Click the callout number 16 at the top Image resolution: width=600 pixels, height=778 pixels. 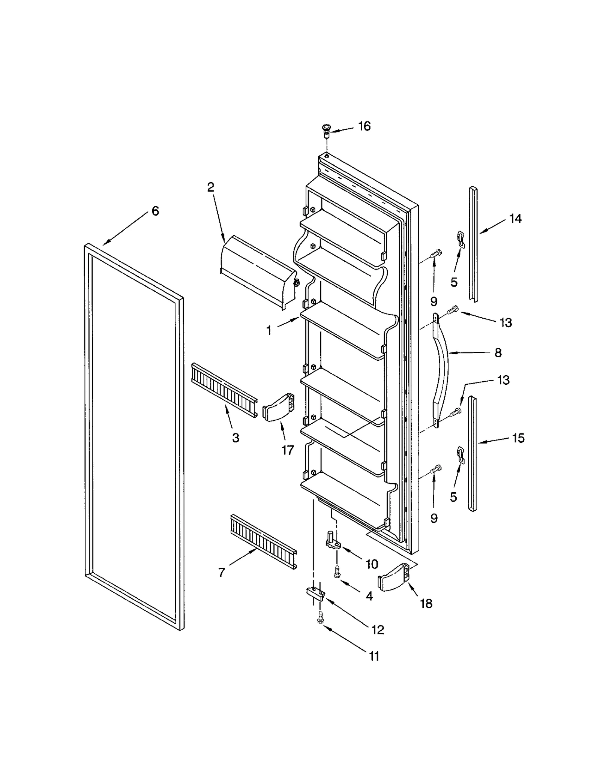364,126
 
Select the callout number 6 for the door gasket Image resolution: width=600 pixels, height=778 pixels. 155,211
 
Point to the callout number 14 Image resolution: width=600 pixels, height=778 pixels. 515,219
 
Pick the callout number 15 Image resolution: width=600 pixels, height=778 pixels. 518,438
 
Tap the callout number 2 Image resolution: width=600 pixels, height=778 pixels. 211,187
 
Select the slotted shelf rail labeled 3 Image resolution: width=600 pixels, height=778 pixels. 224,390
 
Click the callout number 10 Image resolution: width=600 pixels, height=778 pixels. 372,564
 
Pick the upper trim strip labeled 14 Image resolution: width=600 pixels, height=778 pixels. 473,244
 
